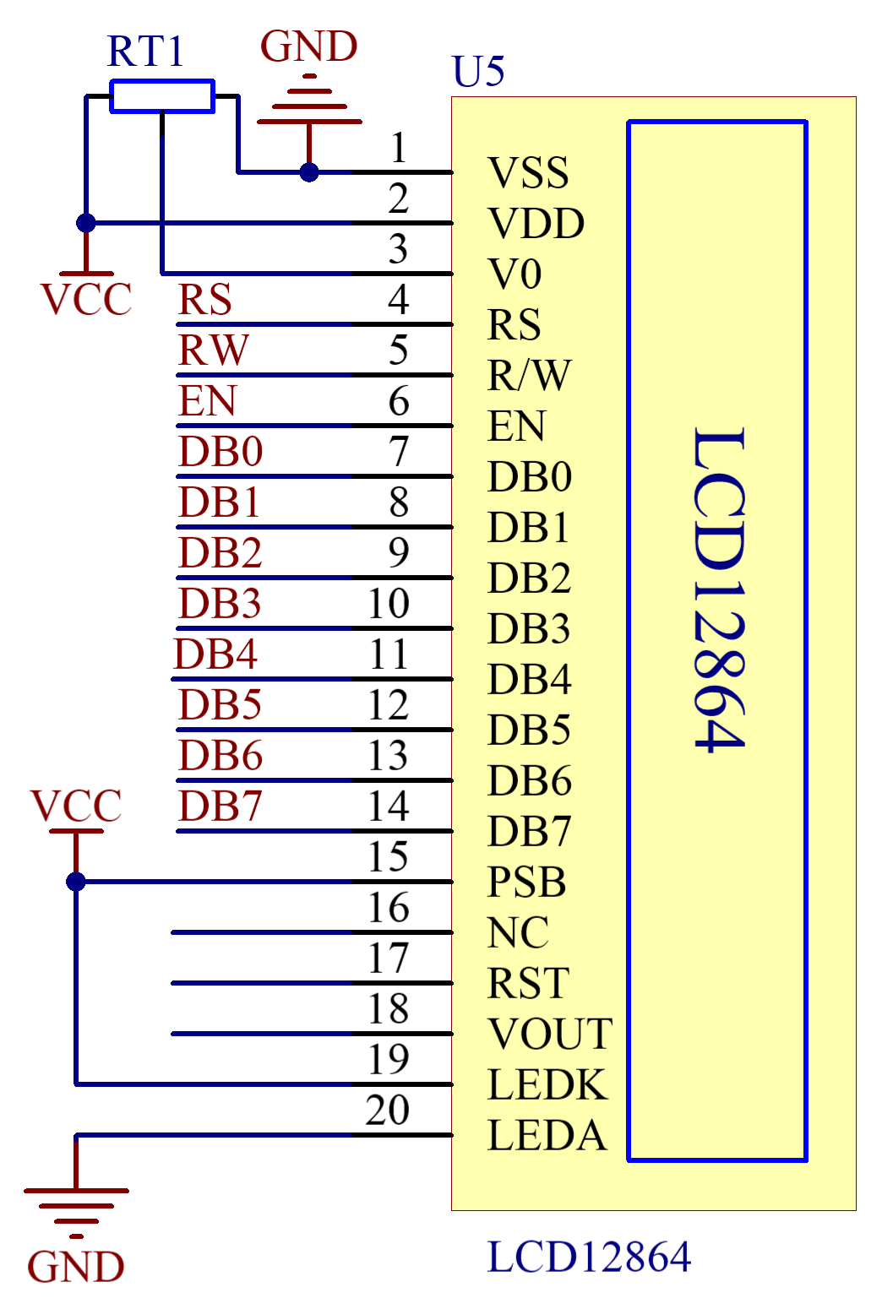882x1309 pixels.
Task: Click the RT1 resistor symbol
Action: [x=162, y=96]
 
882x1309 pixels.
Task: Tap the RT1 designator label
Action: [x=144, y=52]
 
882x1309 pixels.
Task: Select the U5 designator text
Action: [x=478, y=71]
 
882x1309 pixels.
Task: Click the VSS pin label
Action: [x=528, y=173]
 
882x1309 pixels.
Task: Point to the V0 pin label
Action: [x=514, y=274]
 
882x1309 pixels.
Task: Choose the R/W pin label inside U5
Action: [x=530, y=376]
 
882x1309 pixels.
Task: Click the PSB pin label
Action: [x=526, y=883]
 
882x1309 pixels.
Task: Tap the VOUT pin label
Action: [x=550, y=1035]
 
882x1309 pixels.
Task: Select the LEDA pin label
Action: [x=547, y=1136]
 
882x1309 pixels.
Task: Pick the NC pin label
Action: [x=518, y=933]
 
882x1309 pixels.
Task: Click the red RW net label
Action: [x=213, y=350]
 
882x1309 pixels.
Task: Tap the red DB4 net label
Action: [x=215, y=654]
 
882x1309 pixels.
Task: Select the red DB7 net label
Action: [x=220, y=806]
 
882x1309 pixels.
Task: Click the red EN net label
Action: [x=207, y=400]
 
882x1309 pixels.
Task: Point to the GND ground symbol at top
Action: [x=309, y=106]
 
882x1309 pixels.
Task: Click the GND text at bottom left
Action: [x=76, y=1267]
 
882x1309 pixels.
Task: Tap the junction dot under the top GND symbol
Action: [x=309, y=172]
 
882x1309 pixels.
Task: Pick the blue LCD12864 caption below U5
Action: [x=589, y=1257]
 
